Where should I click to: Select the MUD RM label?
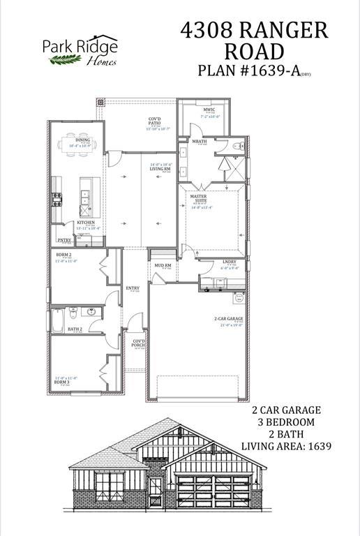pos(161,266)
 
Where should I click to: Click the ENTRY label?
pos(133,288)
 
